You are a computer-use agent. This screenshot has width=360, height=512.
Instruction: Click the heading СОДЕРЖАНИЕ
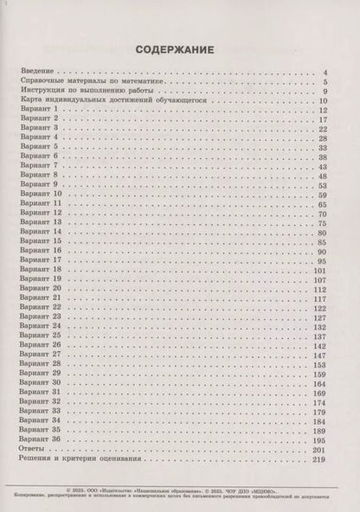[x=179, y=49]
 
